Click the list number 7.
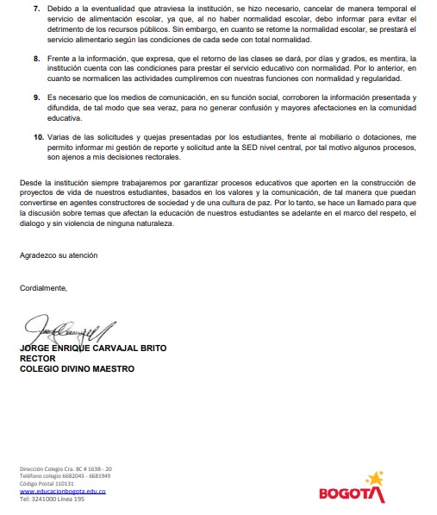pos(37,8)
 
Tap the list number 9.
pos(37,98)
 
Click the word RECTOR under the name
pos(37,358)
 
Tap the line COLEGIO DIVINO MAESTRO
pos(77,368)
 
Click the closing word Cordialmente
pos(43,287)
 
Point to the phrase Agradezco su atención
pos(59,255)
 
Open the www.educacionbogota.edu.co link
pos(62,492)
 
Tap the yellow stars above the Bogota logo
pos(373,478)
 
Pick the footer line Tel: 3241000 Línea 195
pos(52,499)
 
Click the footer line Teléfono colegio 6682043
pos(65,476)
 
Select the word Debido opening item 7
pos(61,8)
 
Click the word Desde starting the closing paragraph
pos(31,183)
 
